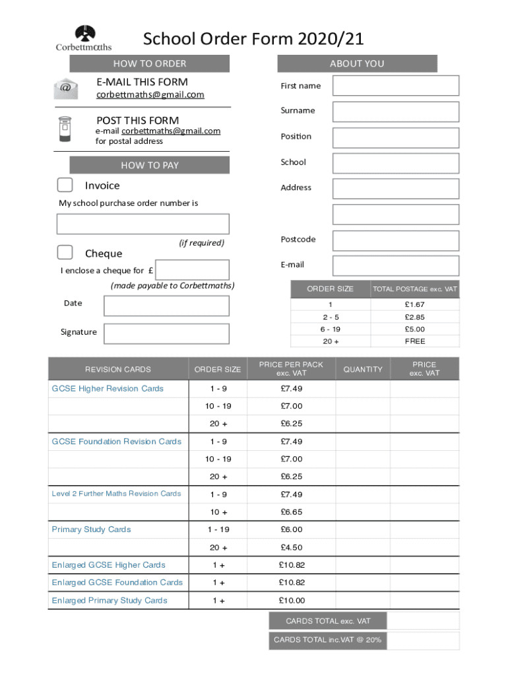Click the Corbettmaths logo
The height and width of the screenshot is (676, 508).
click(84, 38)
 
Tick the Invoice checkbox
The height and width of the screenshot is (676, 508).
click(65, 185)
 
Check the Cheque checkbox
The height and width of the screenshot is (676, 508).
click(65, 252)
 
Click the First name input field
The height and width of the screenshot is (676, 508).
click(395, 86)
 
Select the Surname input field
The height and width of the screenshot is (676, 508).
click(395, 112)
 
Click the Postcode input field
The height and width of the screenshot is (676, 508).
click(395, 240)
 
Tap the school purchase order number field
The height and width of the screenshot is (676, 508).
click(143, 224)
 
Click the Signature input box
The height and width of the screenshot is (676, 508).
click(166, 333)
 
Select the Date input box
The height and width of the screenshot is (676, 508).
click(166, 306)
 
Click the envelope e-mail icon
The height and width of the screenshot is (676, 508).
click(66, 88)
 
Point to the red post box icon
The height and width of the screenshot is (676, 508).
click(65, 129)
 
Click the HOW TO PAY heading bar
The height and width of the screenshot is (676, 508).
click(150, 165)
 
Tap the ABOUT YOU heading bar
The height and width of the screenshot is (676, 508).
click(357, 63)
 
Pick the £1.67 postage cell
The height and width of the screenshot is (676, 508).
click(414, 304)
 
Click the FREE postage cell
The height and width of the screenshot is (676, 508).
click(414, 341)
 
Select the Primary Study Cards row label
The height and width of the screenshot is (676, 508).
click(91, 529)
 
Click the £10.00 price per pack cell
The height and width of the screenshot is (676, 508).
click(292, 600)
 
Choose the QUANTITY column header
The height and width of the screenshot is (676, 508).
click(363, 369)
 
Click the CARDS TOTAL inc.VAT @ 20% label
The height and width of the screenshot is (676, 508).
click(327, 640)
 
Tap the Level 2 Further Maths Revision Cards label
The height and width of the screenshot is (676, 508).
click(116, 494)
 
